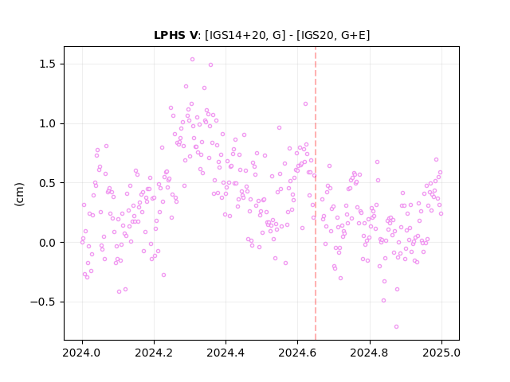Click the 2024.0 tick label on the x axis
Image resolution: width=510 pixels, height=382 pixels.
[82, 353]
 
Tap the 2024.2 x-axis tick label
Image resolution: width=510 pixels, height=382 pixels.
[154, 353]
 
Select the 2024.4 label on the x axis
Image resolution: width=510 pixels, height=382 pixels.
[226, 353]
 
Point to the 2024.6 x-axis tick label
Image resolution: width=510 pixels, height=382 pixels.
[297, 353]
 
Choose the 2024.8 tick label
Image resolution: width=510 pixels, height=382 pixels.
[370, 353]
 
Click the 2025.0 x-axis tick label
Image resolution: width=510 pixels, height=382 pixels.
[441, 353]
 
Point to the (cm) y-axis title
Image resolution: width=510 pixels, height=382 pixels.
[19, 194]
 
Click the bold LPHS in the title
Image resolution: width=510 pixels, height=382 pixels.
[169, 35]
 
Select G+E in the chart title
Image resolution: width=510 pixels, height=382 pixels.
[354, 35]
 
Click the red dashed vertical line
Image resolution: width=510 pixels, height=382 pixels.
[316, 193]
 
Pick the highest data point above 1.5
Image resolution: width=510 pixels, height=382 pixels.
[192, 60]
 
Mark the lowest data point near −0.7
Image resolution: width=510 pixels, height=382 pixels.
[396, 327]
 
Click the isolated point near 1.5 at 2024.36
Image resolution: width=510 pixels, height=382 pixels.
[210, 65]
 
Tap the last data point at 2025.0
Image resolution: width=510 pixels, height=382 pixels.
[441, 214]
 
